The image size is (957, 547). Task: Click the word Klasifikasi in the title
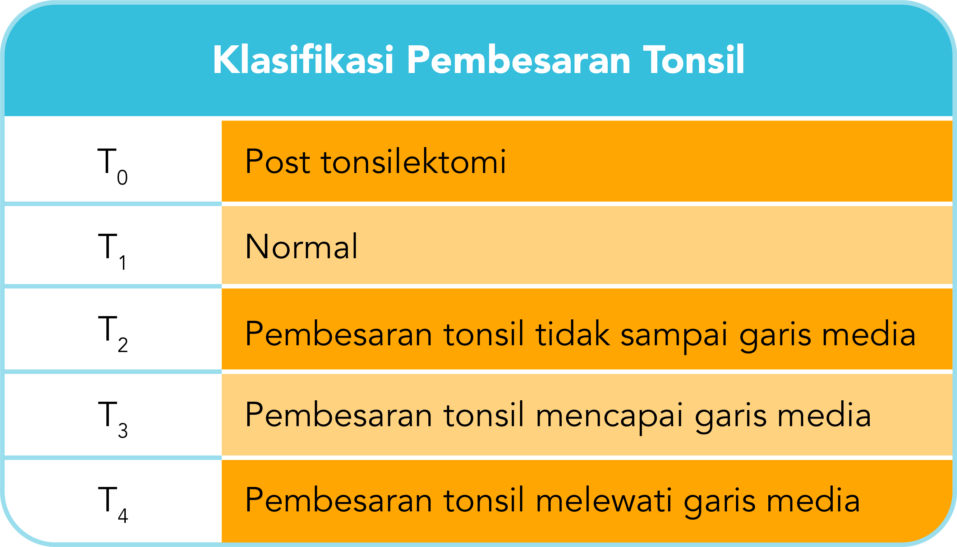pyautogui.click(x=303, y=60)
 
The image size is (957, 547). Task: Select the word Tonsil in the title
pyautogui.click(x=694, y=60)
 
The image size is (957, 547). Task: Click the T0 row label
pyautogui.click(x=112, y=165)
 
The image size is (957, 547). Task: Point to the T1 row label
pyautogui.click(x=112, y=250)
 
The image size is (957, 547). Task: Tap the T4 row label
pyautogui.click(x=112, y=503)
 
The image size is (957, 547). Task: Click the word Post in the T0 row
pyautogui.click(x=278, y=161)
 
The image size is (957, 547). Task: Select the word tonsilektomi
pyautogui.click(x=413, y=161)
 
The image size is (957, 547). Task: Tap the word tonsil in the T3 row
pyautogui.click(x=484, y=415)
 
